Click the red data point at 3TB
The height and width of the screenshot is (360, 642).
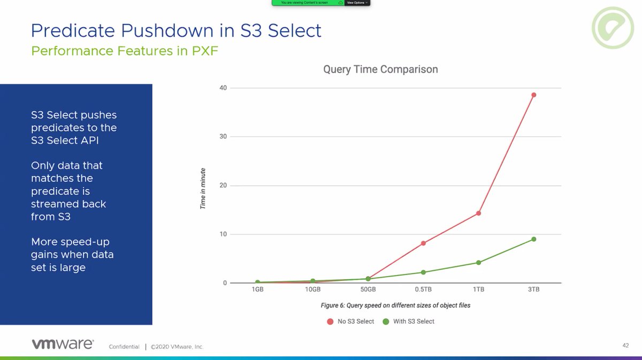533,95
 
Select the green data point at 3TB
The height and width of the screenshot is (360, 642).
533,239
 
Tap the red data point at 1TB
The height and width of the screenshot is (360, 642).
478,213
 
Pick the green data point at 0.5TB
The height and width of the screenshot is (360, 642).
423,272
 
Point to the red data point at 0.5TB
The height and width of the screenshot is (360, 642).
423,243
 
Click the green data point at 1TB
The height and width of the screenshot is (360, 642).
478,263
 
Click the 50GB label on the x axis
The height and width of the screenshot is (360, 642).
368,289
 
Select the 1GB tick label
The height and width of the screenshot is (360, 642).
257,289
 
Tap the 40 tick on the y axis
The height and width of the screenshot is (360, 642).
223,88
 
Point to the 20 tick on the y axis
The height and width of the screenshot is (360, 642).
223,186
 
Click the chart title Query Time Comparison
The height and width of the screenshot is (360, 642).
380,70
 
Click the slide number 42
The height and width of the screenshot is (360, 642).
625,346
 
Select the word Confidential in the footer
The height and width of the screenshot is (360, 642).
124,347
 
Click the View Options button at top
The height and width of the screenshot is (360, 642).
357,3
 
